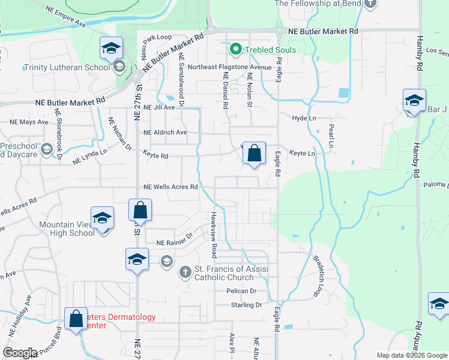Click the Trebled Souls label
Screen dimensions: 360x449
click(270, 50)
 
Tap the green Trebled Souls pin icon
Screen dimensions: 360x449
click(236, 49)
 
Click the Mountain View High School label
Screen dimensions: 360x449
click(67, 229)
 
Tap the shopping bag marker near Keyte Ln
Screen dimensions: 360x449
click(255, 154)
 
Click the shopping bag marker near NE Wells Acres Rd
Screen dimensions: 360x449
click(140, 211)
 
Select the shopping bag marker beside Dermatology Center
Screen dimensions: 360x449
click(76, 319)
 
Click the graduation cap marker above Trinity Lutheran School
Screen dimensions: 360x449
click(111, 48)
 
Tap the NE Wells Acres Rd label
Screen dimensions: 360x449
click(170, 187)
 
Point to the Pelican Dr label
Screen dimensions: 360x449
click(242, 291)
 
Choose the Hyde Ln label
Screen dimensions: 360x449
click(304, 118)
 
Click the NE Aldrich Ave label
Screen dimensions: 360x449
click(165, 132)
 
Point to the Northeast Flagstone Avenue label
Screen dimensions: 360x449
click(221, 67)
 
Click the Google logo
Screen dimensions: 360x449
click(20, 353)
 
